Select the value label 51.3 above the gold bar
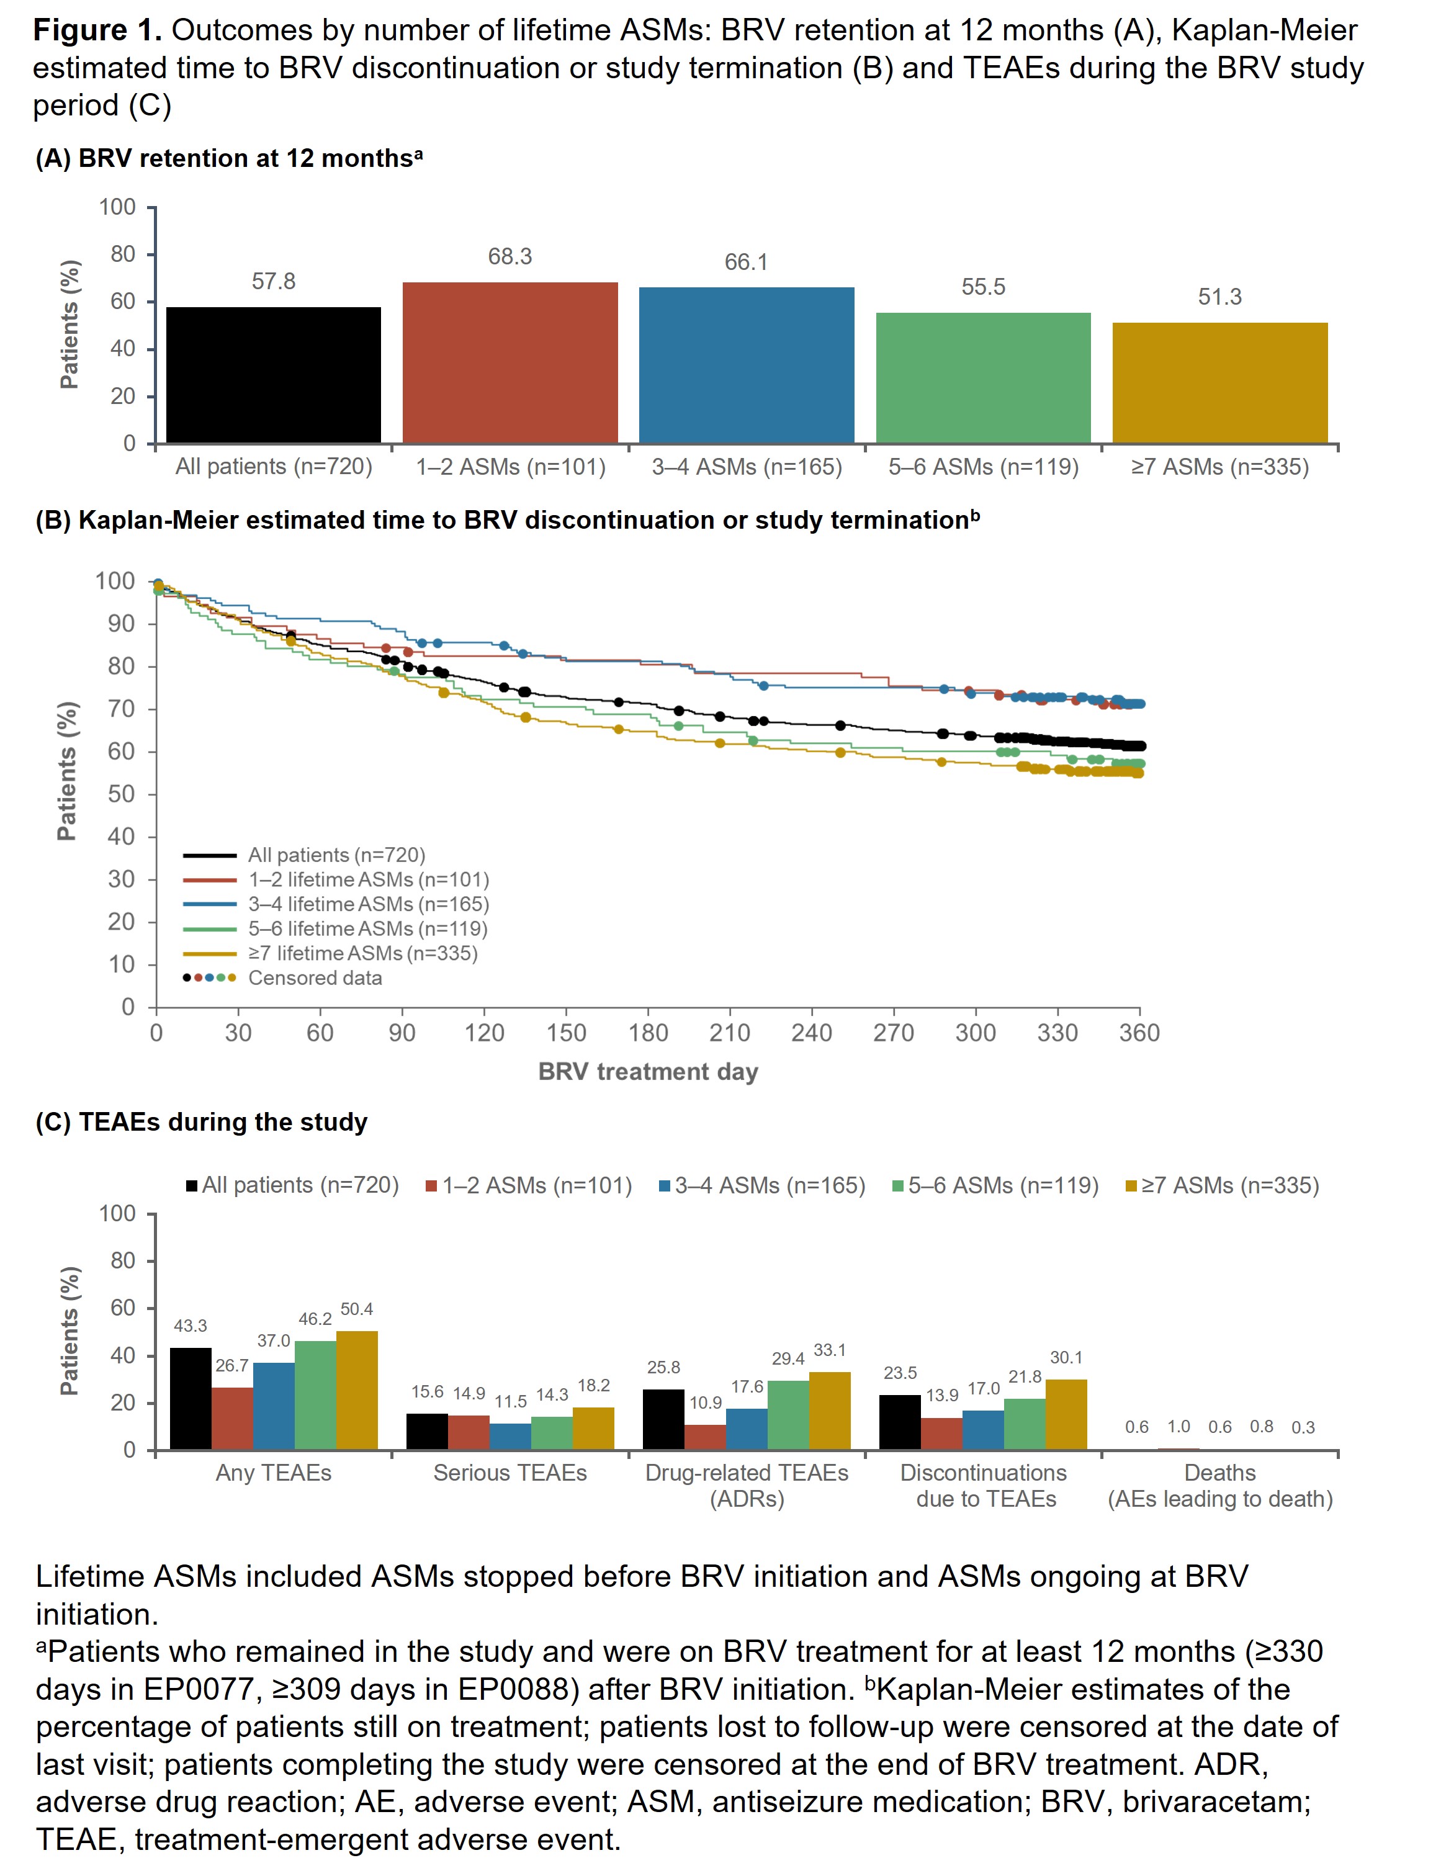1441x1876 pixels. (x=1219, y=297)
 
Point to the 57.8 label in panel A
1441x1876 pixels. (x=274, y=281)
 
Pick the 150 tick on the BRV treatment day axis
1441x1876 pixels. (x=566, y=1033)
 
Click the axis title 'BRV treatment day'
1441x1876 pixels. (x=648, y=1071)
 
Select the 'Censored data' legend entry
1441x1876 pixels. (x=315, y=978)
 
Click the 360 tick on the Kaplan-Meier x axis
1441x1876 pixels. (x=1139, y=1033)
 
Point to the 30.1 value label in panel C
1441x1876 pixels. (x=1066, y=1358)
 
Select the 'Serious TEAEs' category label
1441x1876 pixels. (x=510, y=1473)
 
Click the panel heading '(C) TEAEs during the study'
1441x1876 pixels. (x=202, y=1122)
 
